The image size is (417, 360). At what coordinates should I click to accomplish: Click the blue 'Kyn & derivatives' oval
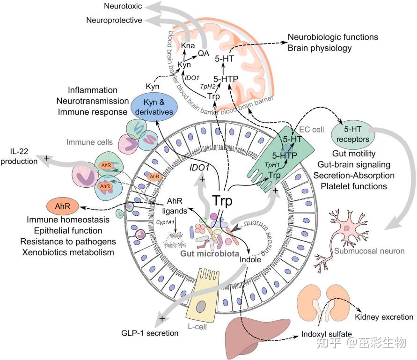pyautogui.click(x=154, y=107)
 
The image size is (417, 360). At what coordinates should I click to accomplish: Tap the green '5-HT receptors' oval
pyautogui.click(x=352, y=134)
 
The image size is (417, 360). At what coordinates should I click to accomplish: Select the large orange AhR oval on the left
pyautogui.click(x=63, y=206)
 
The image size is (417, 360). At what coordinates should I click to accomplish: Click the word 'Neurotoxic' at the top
pyautogui.click(x=123, y=6)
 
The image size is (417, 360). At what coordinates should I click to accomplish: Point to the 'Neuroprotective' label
pyautogui.click(x=114, y=20)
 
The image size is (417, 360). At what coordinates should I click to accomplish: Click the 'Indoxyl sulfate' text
pyautogui.click(x=326, y=334)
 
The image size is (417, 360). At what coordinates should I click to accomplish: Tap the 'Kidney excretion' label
pyautogui.click(x=384, y=317)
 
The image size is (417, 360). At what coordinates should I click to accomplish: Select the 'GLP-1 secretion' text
pyautogui.click(x=150, y=333)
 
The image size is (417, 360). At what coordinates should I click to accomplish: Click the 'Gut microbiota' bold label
pyautogui.click(x=210, y=254)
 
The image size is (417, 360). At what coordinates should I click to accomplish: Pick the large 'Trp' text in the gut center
pyautogui.click(x=222, y=201)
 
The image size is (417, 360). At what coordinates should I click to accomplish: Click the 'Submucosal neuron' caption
pyautogui.click(x=369, y=251)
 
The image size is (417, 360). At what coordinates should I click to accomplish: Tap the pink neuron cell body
pyautogui.click(x=346, y=228)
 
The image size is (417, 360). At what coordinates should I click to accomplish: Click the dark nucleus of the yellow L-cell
pyautogui.click(x=201, y=307)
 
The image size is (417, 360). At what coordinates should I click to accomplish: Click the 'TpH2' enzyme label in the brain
pyautogui.click(x=208, y=86)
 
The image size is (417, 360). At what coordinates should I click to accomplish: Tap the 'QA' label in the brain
pyautogui.click(x=204, y=53)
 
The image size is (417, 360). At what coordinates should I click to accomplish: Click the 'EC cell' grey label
pyautogui.click(x=311, y=130)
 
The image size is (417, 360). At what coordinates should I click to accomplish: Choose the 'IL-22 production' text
pyautogui.click(x=19, y=156)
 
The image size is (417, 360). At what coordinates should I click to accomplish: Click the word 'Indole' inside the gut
pyautogui.click(x=250, y=259)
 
